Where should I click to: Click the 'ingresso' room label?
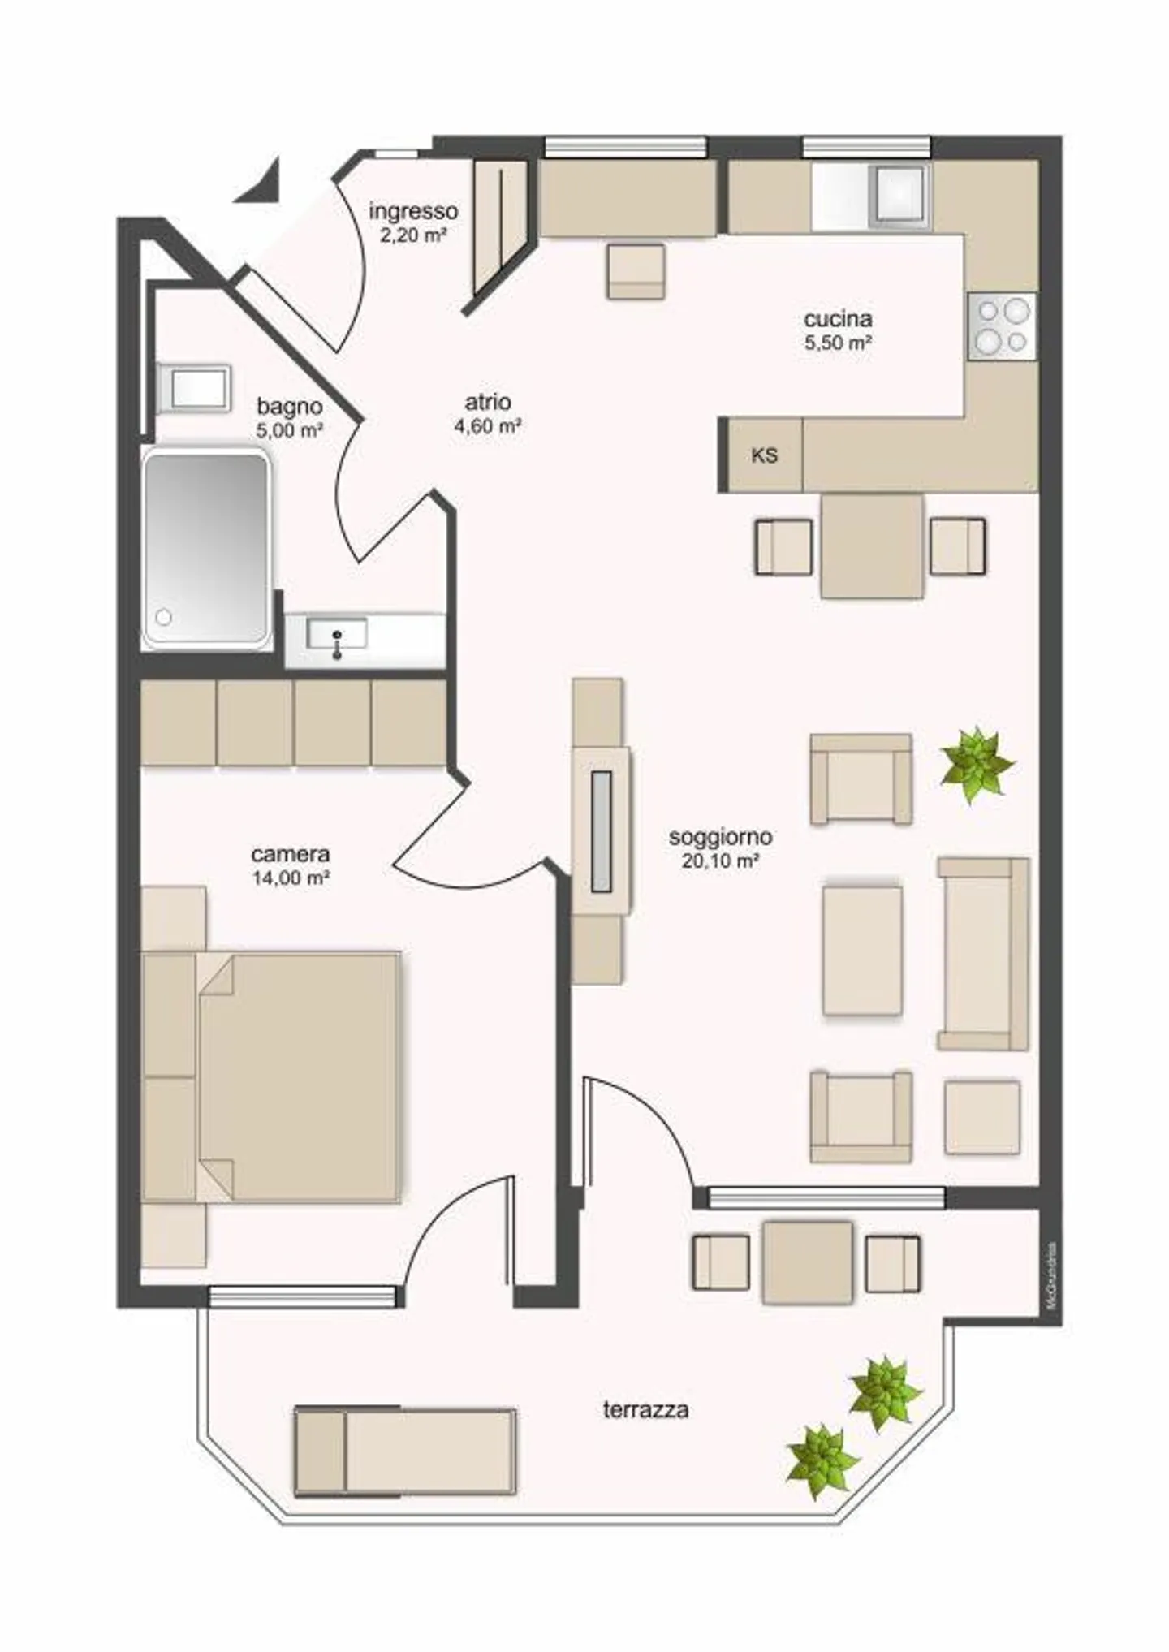click(x=413, y=211)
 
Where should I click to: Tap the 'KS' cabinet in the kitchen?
click(x=764, y=455)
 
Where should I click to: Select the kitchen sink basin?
click(x=898, y=195)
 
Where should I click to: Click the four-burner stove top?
click(x=1002, y=326)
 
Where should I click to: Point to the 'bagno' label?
click(x=290, y=406)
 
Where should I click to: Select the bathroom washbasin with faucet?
click(x=337, y=634)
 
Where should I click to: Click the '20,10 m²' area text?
click(x=720, y=861)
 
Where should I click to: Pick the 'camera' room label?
click(x=291, y=854)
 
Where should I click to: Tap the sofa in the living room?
click(x=982, y=954)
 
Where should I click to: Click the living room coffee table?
click(x=862, y=950)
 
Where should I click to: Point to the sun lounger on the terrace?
click(x=405, y=1451)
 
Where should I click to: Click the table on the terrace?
click(x=807, y=1262)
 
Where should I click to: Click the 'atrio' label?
click(x=488, y=402)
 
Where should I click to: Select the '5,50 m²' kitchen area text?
click(x=838, y=343)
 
